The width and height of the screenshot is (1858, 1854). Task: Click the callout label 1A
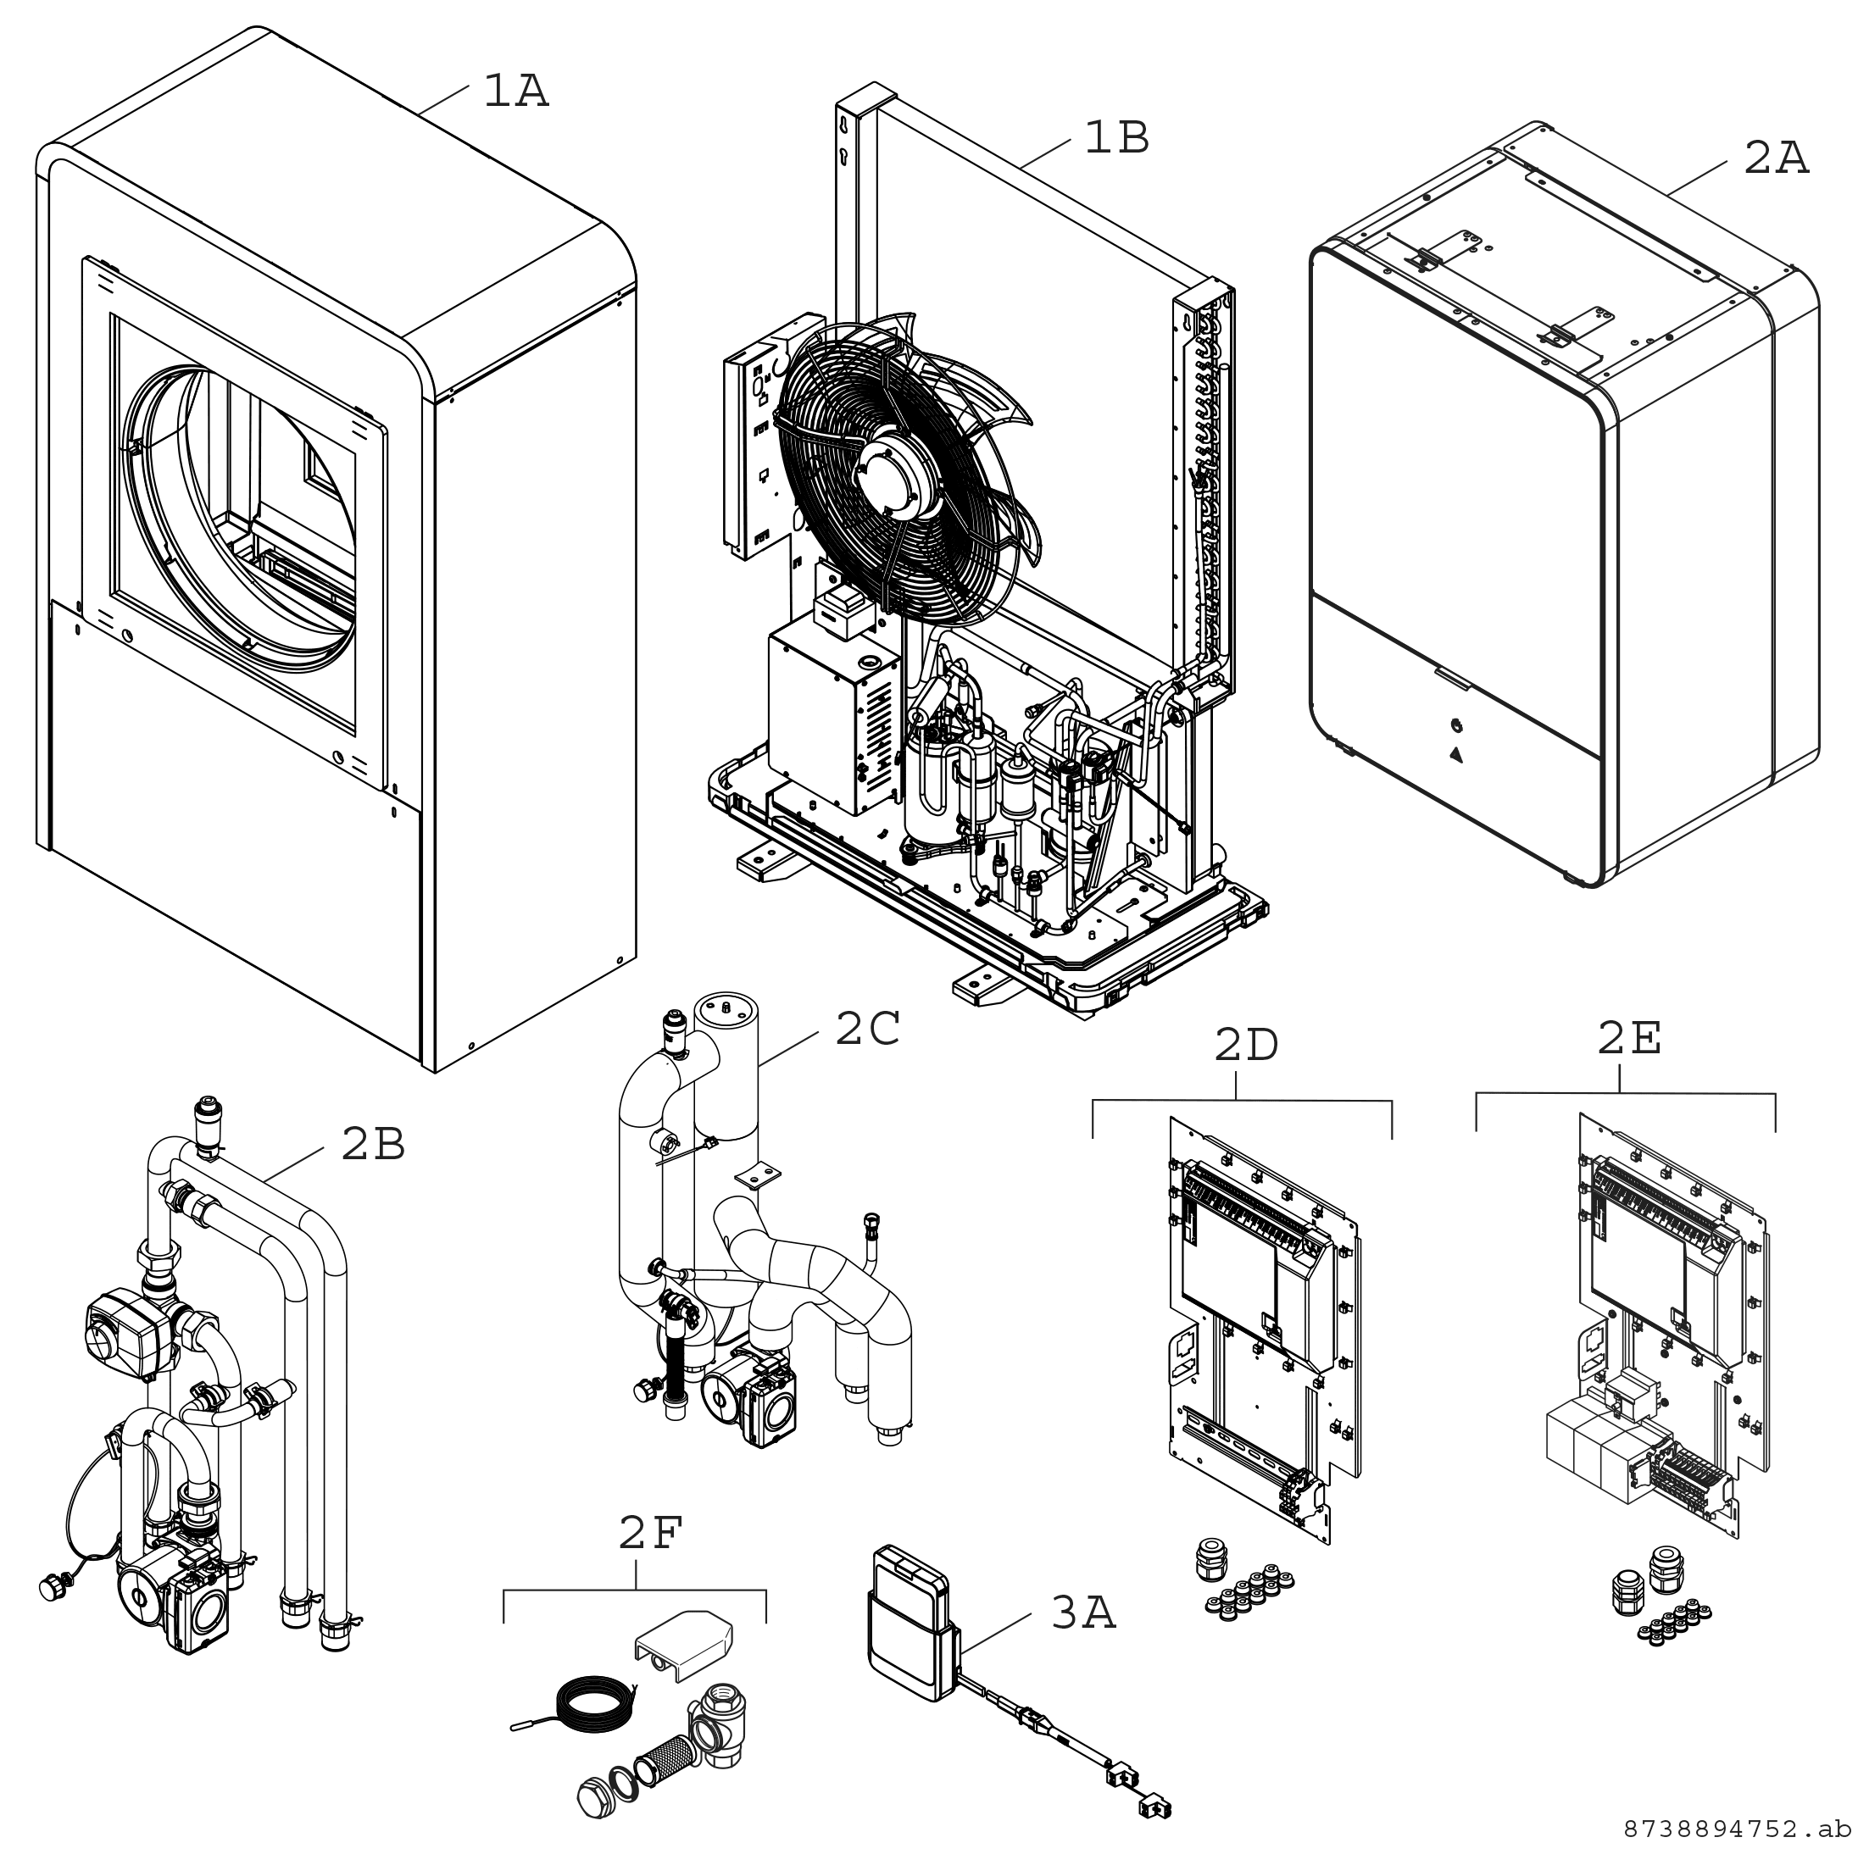(515, 93)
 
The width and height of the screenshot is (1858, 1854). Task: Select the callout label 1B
(1116, 140)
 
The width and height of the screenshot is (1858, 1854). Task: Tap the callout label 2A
(1777, 158)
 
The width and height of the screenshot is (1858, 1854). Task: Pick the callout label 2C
(866, 1030)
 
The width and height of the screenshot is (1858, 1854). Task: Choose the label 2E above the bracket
(1629, 1039)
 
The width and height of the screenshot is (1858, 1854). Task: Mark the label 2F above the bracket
(650, 1535)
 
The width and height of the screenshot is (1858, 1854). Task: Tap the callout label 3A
(1083, 1614)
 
